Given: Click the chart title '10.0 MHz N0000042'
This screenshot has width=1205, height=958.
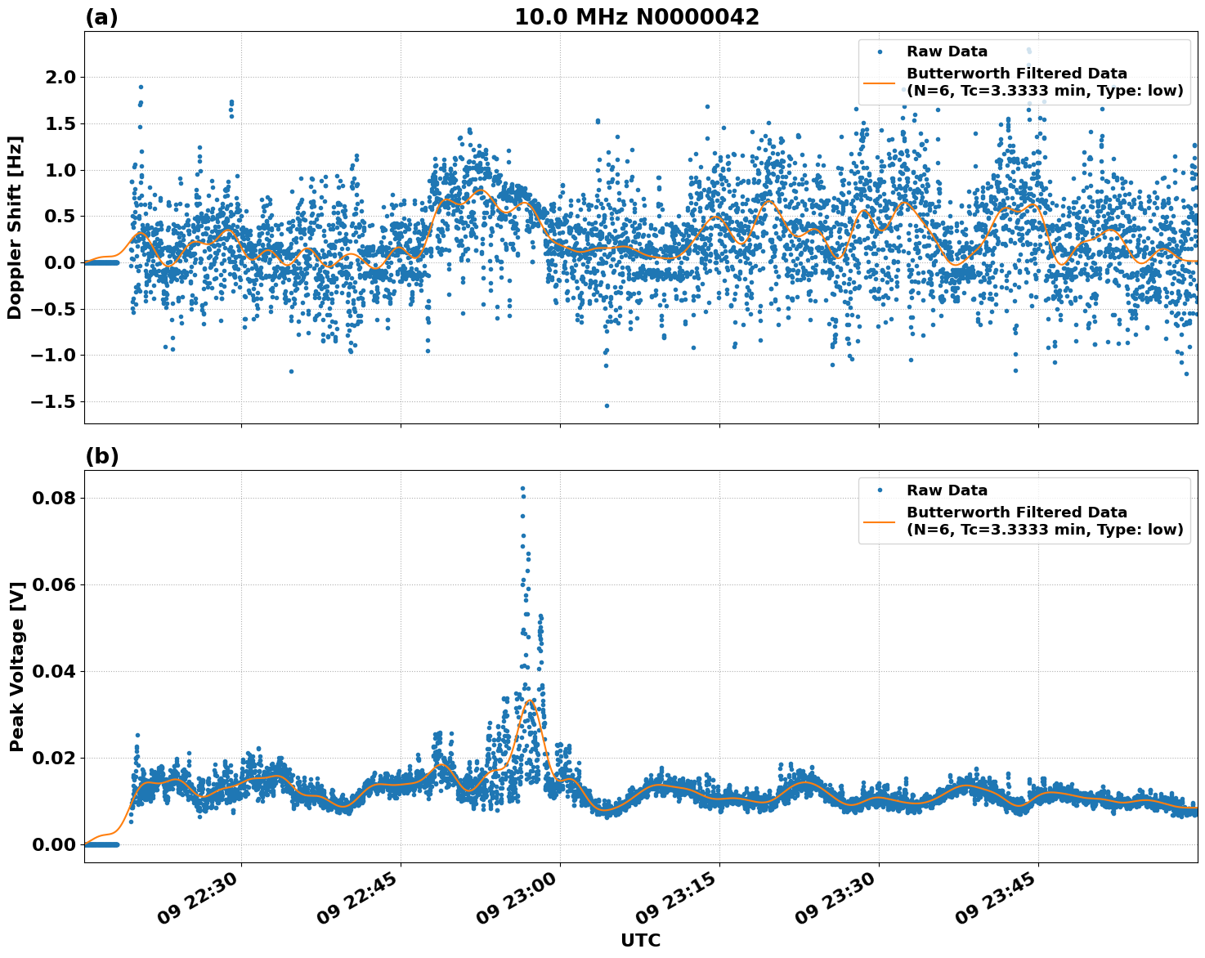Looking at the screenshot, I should (636, 17).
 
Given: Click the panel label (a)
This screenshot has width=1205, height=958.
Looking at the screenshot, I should (101, 17).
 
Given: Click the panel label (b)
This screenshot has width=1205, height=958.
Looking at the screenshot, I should (101, 456).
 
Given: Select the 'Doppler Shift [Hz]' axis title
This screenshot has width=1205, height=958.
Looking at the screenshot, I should (15, 227).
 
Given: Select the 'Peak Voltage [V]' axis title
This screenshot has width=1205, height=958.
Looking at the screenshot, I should (16, 666).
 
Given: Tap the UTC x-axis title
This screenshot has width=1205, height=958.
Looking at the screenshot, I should (640, 940).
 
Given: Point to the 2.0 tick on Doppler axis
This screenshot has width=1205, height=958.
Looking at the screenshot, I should (54, 78).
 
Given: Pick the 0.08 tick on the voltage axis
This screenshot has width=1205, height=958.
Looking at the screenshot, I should (54, 498).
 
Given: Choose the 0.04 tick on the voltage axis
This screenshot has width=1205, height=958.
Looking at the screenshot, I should (54, 671).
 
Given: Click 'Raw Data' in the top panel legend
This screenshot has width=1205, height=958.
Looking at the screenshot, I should (947, 51).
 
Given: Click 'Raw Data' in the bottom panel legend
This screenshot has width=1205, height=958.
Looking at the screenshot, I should (947, 490).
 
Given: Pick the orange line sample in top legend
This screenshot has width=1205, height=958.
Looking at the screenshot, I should (880, 82).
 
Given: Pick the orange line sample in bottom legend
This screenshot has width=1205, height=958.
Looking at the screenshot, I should (880, 521).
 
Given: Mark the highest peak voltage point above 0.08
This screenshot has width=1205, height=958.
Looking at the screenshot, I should (522, 489).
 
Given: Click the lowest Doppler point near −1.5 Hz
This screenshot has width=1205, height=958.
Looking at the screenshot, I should (607, 405).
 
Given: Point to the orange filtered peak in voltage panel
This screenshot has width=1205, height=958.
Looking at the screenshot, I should (529, 700).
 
